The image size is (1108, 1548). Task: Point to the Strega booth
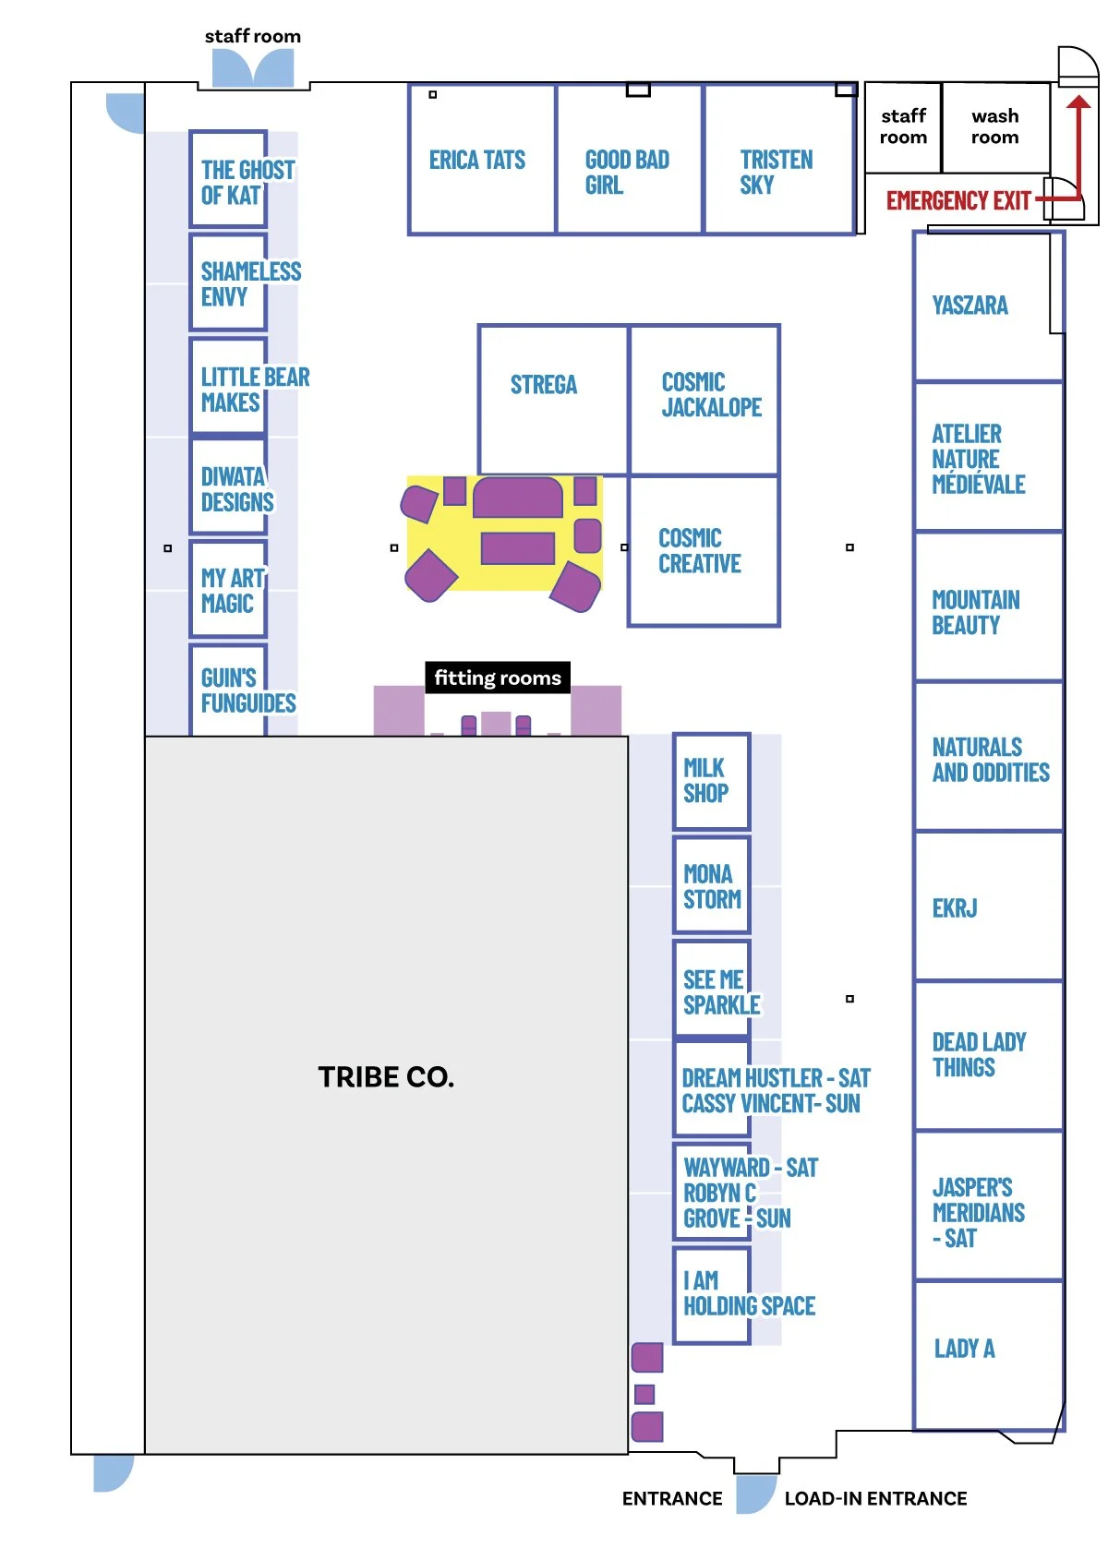tap(553, 399)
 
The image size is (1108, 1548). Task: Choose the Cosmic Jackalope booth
tap(704, 399)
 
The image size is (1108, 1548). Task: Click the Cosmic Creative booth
tap(703, 551)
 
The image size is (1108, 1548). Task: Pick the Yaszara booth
tap(987, 306)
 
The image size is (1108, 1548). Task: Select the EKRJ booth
tap(987, 906)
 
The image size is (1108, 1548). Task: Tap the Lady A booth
tap(987, 1353)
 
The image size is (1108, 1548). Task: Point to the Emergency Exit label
tap(957, 201)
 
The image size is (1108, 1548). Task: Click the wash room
tap(995, 127)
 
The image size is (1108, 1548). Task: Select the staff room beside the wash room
tap(903, 127)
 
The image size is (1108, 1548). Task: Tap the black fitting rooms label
tap(498, 678)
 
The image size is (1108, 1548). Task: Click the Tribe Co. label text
tap(386, 1077)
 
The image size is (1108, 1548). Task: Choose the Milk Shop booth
tap(710, 781)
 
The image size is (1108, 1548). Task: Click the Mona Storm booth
tap(711, 886)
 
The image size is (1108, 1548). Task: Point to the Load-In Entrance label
tap(875, 1498)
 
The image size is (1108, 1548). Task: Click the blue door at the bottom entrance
tap(755, 1493)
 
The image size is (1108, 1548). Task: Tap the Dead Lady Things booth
tap(987, 1055)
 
